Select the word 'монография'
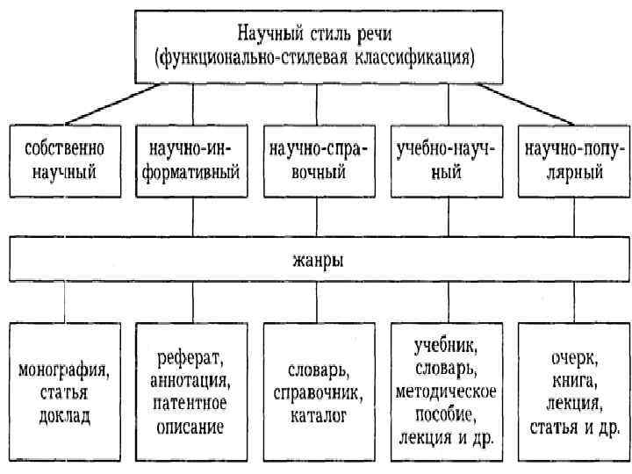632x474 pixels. point(64,369)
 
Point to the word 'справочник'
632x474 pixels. point(320,391)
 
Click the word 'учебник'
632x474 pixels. point(447,347)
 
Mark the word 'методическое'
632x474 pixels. point(447,391)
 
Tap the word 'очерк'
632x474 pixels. point(575,360)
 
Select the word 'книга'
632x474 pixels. point(575,382)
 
